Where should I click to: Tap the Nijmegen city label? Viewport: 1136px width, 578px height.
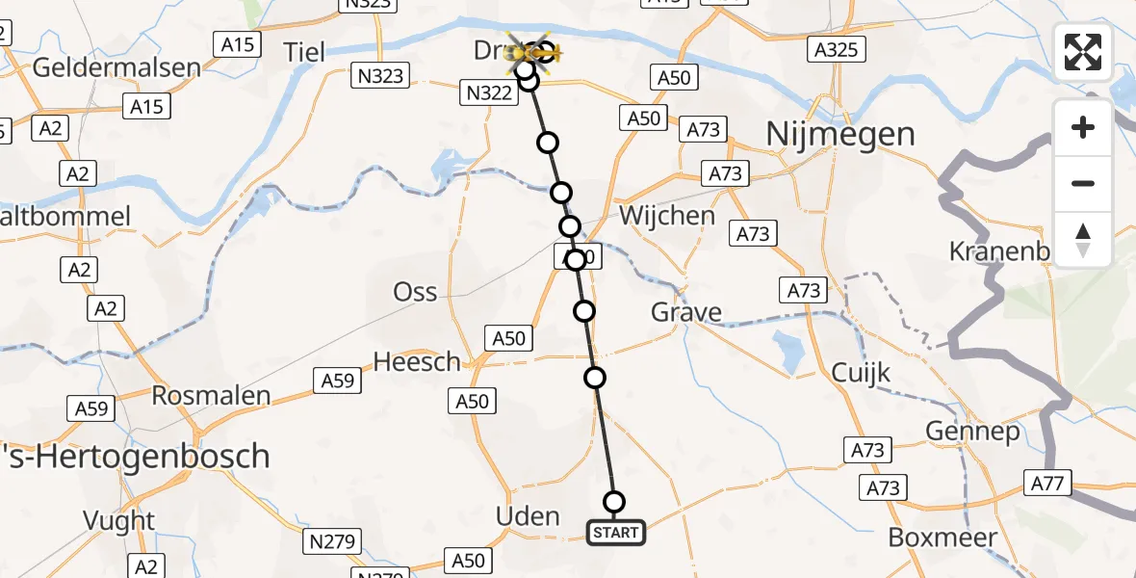840,135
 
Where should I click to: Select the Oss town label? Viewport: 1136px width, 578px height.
415,292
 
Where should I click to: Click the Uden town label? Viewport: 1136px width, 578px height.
528,516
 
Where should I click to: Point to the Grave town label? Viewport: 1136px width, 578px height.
686,312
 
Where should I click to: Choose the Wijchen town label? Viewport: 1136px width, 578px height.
667,216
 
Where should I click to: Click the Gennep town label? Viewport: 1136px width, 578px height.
972,432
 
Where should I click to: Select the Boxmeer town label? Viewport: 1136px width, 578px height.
942,537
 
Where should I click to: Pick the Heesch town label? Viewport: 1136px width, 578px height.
417,361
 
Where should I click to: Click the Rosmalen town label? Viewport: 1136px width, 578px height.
211,396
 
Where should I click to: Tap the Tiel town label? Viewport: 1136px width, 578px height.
305,50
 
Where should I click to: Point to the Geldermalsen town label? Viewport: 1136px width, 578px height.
116,67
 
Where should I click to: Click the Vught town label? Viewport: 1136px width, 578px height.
119,521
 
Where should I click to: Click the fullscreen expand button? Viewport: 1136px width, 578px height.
1083,52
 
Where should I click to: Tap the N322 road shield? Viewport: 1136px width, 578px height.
488,92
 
